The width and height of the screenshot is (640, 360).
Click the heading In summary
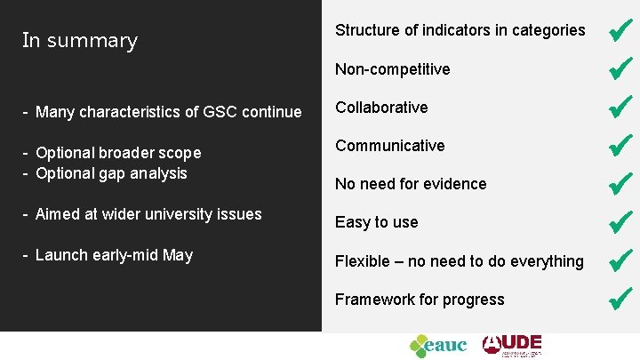click(x=80, y=41)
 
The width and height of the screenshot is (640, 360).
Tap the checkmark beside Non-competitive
click(x=620, y=68)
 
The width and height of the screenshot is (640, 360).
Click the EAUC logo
click(x=437, y=345)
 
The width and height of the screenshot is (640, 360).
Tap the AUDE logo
click(x=512, y=345)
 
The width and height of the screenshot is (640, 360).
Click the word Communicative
click(x=389, y=146)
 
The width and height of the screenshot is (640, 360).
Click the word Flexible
click(x=363, y=261)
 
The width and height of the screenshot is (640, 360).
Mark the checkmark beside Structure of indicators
click(x=620, y=30)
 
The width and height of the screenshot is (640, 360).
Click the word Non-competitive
click(x=392, y=69)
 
